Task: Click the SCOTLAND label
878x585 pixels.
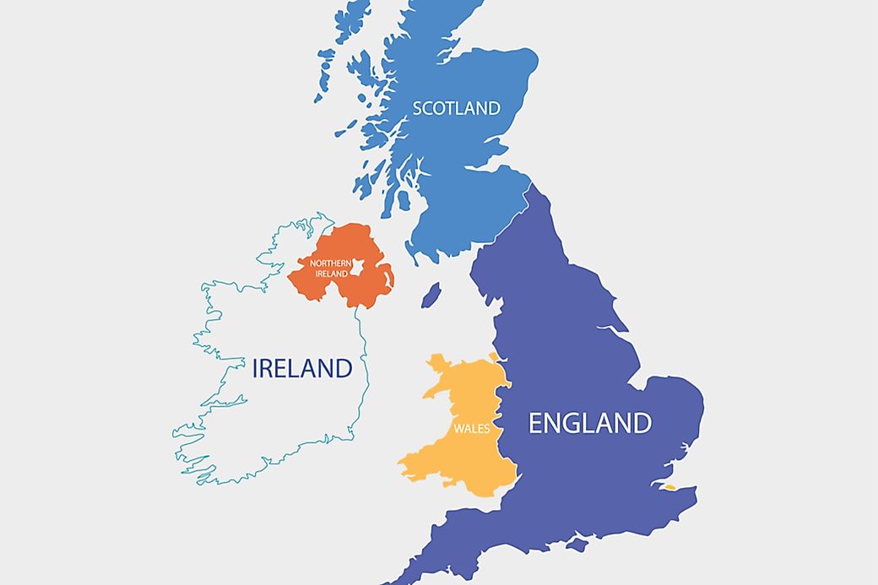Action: click(x=456, y=108)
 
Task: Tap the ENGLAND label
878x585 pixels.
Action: click(x=589, y=422)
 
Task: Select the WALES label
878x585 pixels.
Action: click(x=472, y=428)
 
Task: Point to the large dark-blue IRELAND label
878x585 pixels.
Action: click(x=302, y=368)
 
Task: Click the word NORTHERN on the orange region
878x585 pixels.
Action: click(x=330, y=263)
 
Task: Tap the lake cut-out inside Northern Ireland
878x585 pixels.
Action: click(x=357, y=266)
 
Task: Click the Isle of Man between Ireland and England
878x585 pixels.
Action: click(x=431, y=295)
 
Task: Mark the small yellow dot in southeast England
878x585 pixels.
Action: click(x=669, y=487)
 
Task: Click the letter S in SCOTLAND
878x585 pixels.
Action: click(x=417, y=109)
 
